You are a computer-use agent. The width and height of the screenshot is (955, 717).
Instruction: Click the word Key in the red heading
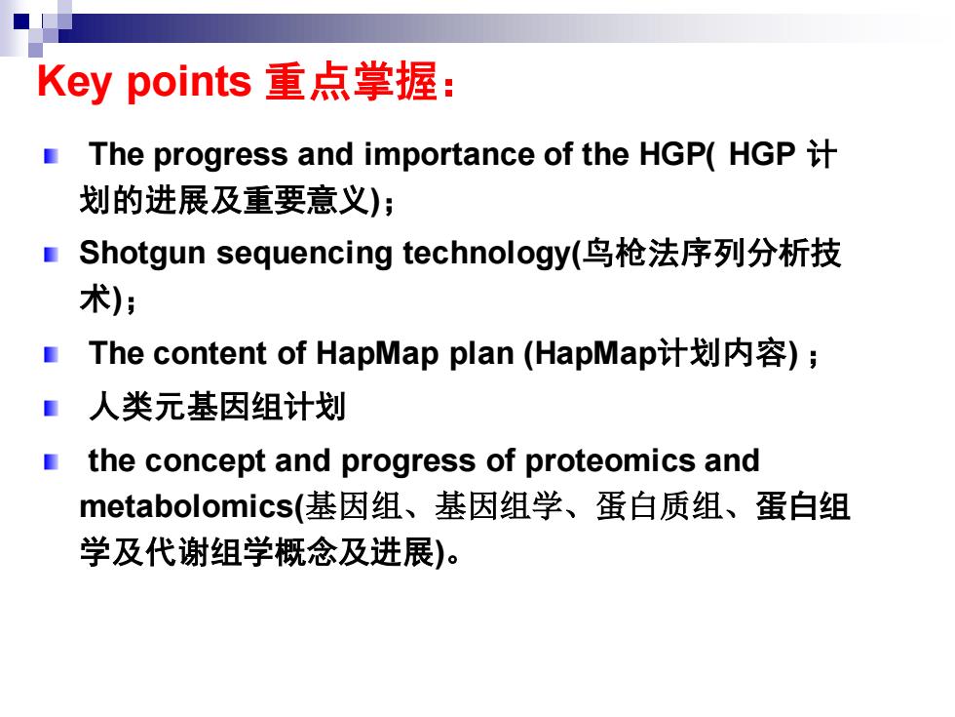(x=74, y=81)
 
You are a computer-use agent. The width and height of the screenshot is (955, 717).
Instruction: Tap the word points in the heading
(x=188, y=82)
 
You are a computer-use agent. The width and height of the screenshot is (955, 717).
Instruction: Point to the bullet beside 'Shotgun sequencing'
(x=51, y=255)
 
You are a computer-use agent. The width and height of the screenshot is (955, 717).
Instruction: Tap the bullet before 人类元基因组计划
(x=51, y=408)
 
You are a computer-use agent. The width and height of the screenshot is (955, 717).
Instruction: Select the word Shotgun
(x=142, y=254)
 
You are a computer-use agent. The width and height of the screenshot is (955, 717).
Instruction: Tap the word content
(x=210, y=353)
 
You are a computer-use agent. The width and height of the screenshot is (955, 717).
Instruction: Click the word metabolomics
(x=187, y=506)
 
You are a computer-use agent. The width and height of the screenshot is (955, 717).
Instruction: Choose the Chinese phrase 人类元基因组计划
(x=217, y=407)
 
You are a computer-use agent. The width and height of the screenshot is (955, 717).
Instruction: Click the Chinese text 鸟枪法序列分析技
(x=710, y=254)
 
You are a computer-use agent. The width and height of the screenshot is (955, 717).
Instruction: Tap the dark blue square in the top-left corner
(x=21, y=21)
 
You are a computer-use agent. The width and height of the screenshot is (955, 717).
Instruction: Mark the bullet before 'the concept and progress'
(x=51, y=462)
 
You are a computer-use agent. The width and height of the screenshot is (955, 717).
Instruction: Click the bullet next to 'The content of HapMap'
(x=51, y=354)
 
